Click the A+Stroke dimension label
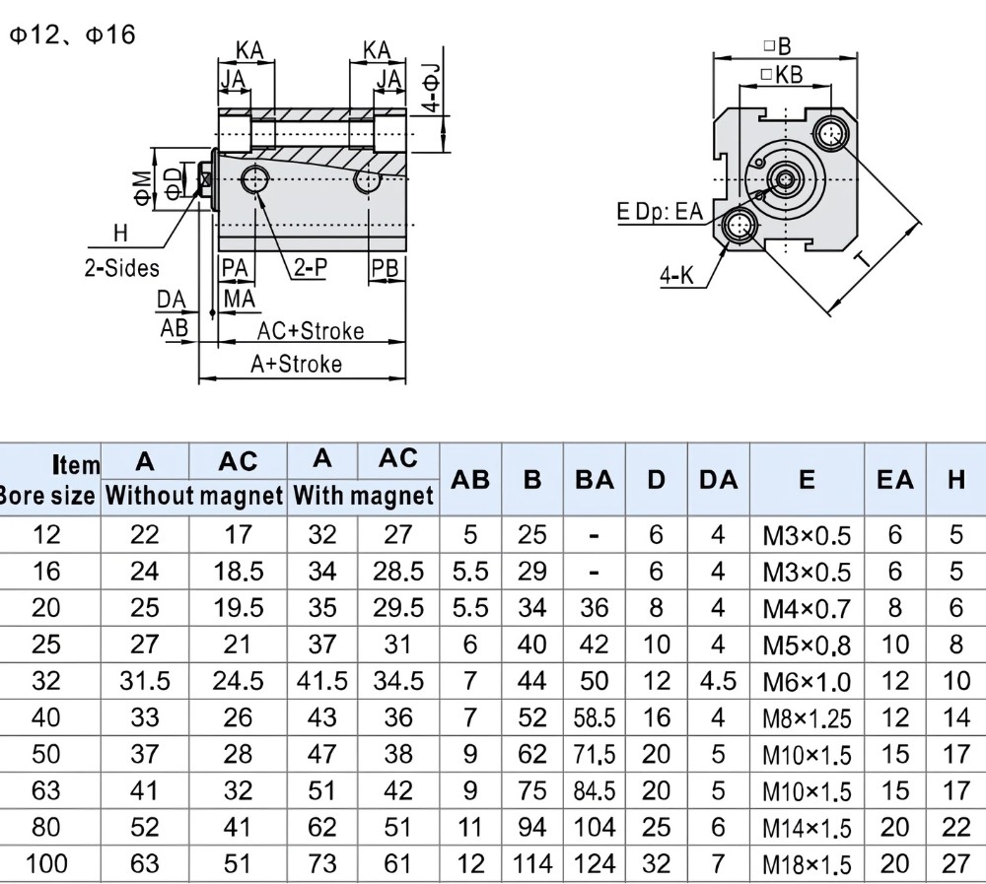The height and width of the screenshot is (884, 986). point(296,364)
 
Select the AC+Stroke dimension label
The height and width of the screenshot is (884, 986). point(311,331)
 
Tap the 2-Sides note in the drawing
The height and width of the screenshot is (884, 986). point(122,268)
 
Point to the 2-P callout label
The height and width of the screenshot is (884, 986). point(311,268)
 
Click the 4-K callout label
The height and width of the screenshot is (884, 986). point(676,275)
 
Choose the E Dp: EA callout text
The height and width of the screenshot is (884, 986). point(660,211)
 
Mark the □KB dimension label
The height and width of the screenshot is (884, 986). point(782,74)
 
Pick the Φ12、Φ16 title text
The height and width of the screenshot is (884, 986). point(72,34)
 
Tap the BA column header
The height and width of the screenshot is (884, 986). point(595,480)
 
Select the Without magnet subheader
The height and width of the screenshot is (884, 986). point(194,496)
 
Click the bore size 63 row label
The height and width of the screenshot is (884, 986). point(46,790)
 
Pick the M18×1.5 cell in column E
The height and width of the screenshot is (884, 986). point(807,865)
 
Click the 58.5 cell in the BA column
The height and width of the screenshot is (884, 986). point(595,718)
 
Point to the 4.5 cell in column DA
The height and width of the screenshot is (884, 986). point(718,681)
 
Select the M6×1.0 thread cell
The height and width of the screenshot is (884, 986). point(807,682)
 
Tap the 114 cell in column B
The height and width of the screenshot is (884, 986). point(532,864)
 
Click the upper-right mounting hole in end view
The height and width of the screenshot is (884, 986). point(832,133)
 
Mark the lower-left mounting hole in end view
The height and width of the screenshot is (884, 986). point(739,226)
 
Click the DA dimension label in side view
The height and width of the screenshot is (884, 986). point(171,300)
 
